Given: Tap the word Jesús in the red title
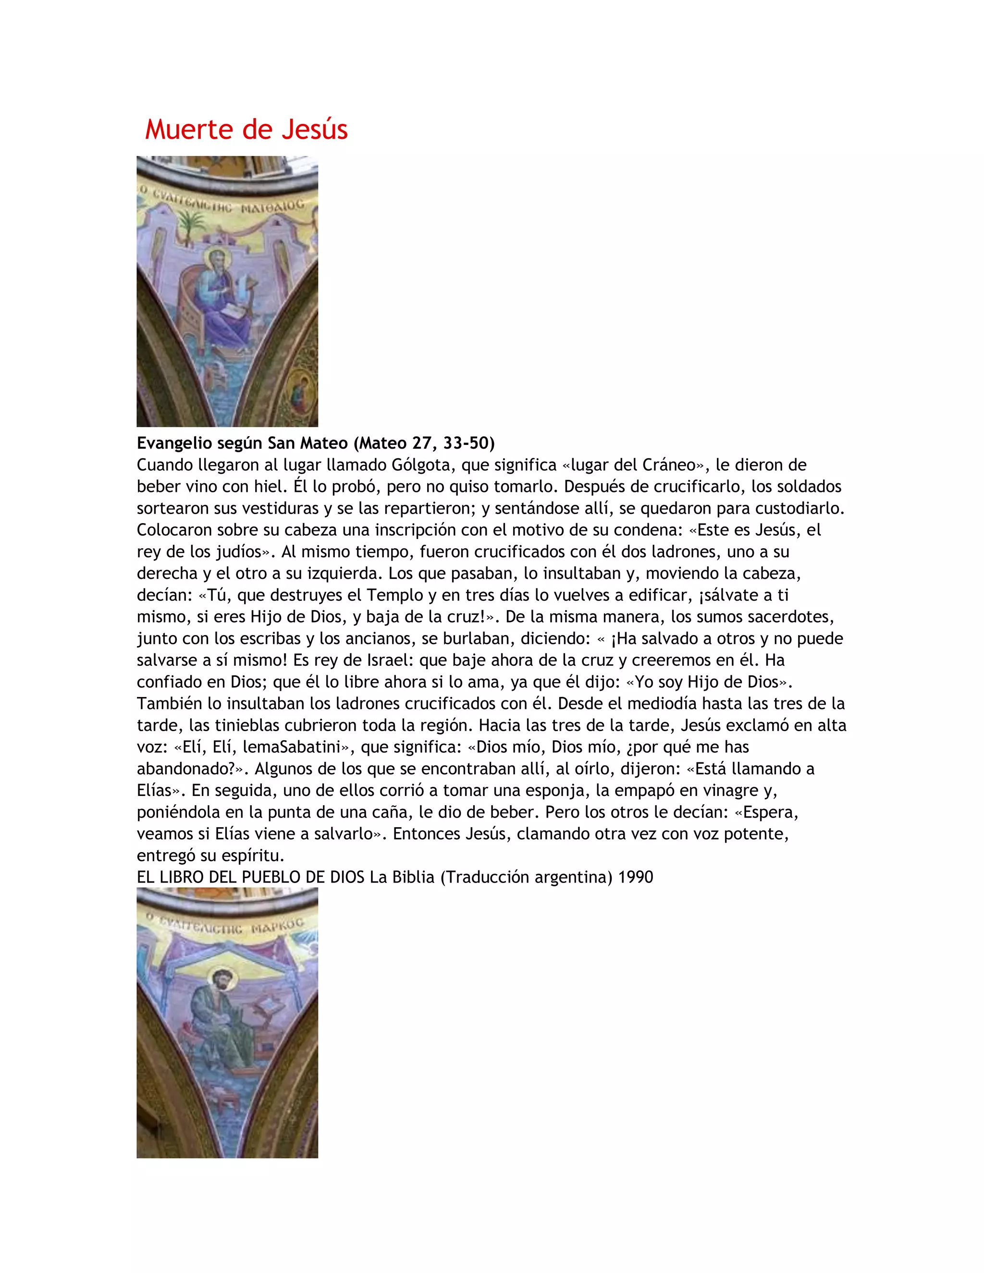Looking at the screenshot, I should point(315,129).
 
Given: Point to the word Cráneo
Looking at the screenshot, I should point(669,465).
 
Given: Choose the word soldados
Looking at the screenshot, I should point(807,487).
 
